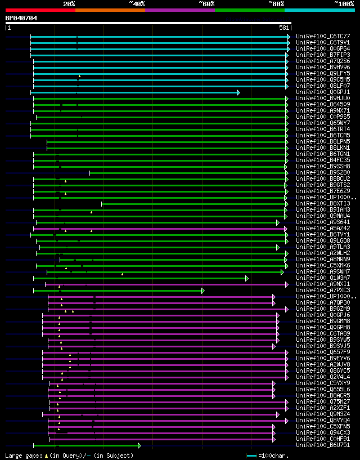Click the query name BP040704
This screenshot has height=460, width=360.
click(x=21, y=18)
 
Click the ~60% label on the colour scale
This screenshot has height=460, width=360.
click(x=206, y=4)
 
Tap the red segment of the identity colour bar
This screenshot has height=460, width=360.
click(x=40, y=10)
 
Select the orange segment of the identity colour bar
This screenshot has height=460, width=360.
click(x=110, y=10)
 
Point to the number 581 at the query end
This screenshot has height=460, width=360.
click(x=284, y=28)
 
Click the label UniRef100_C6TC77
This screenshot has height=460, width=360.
click(x=323, y=37)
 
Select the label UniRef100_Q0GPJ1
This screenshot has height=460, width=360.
click(x=323, y=92)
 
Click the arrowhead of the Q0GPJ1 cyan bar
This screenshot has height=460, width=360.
click(x=238, y=92)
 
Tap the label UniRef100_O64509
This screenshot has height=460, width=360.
click(x=323, y=105)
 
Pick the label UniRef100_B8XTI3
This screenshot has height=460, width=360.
click(x=323, y=204)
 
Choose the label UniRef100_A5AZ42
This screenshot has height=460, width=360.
click(x=323, y=229)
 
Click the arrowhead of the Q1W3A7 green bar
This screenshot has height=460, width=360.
click(x=246, y=278)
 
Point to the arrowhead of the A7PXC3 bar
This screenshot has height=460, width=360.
click(x=202, y=291)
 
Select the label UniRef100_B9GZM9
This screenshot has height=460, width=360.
click(x=323, y=309)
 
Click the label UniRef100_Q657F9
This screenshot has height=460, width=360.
click(x=323, y=352)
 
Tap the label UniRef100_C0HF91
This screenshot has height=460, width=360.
click(x=323, y=439)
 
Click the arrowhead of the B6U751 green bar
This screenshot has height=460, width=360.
click(x=139, y=445)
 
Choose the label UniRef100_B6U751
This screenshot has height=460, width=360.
click(x=323, y=445)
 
